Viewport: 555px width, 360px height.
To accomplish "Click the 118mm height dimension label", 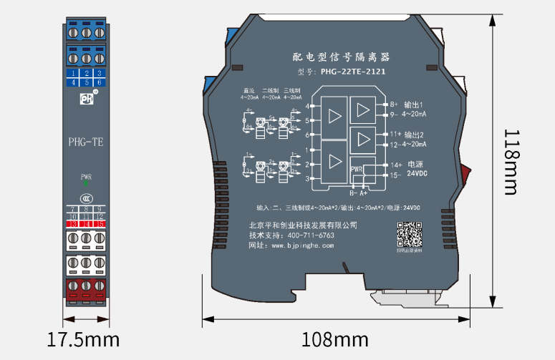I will [510, 162].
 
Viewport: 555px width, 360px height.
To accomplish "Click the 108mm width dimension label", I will [334, 339].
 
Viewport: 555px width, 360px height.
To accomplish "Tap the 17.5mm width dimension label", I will [85, 339].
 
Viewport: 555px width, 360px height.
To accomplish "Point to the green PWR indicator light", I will [86, 183].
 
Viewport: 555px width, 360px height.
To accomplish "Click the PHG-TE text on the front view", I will [86, 142].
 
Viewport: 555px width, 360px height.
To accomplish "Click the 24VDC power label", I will [418, 174].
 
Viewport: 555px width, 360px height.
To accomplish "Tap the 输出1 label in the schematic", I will [414, 104].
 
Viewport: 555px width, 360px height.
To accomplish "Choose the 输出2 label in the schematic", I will [414, 135].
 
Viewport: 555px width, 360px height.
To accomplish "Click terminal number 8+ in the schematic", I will [394, 104].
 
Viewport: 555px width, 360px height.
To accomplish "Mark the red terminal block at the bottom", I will [86, 290].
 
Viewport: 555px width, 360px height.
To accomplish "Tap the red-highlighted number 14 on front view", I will [86, 224].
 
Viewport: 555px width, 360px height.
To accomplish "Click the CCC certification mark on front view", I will [86, 198].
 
